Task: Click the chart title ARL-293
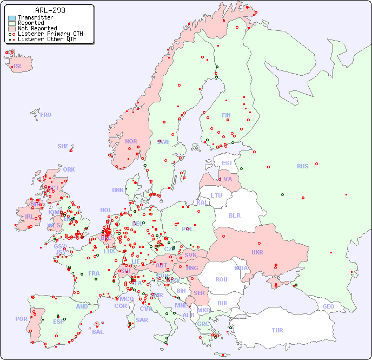click(x=50, y=10)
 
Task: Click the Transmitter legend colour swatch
click(x=12, y=18)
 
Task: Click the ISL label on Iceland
click(x=18, y=67)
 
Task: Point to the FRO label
click(x=46, y=115)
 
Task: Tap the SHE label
click(x=63, y=146)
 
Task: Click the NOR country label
click(x=131, y=141)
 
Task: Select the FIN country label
click(x=226, y=115)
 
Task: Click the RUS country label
click(x=302, y=166)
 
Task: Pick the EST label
click(x=227, y=163)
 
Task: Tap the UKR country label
click(x=257, y=252)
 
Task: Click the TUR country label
click(x=277, y=330)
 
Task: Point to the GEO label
click(x=328, y=306)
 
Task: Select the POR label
click(x=21, y=319)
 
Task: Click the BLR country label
click(x=234, y=215)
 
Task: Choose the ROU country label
click(x=221, y=279)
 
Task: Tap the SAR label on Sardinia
click(x=142, y=320)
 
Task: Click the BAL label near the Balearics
click(x=97, y=332)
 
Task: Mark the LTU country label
click(x=216, y=195)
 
